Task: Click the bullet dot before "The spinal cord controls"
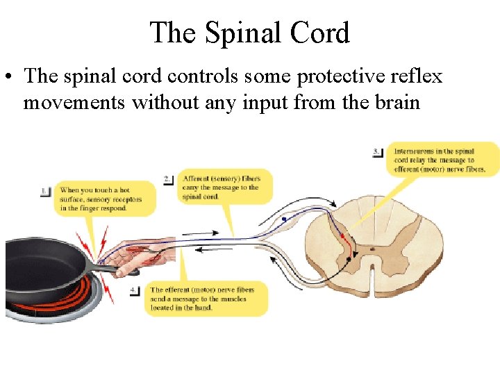pyautogui.click(x=12, y=76)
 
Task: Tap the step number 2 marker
pyautogui.click(x=168, y=179)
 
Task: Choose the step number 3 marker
pyautogui.click(x=378, y=152)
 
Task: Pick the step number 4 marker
pyautogui.click(x=135, y=290)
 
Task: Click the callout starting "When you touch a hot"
pyautogui.click(x=104, y=199)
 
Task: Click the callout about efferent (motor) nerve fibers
pyautogui.click(x=206, y=299)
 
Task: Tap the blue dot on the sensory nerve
pyautogui.click(x=284, y=219)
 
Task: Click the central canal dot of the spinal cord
pyautogui.click(x=373, y=248)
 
